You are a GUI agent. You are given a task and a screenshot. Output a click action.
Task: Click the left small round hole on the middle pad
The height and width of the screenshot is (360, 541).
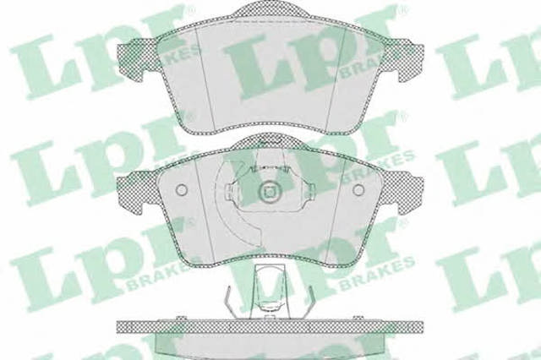click(181, 189)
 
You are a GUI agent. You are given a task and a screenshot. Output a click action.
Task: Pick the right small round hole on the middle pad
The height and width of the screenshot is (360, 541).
click(359, 189)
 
